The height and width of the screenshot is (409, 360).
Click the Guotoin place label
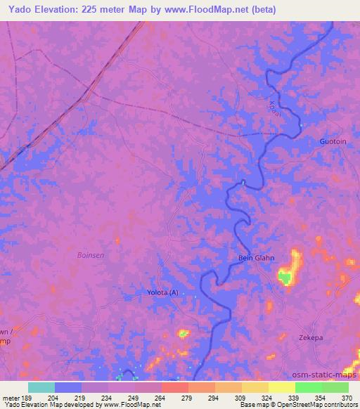(333, 141)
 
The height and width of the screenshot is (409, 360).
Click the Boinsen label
(91, 255)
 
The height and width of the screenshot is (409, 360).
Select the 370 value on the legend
(346, 398)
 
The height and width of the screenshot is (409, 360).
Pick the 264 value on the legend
(159, 398)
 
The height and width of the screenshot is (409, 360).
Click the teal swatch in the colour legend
(41, 387)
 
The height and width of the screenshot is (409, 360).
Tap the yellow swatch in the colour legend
(281, 387)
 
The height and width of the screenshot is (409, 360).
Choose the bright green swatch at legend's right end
(335, 387)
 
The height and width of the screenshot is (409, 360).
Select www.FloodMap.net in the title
(212, 10)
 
